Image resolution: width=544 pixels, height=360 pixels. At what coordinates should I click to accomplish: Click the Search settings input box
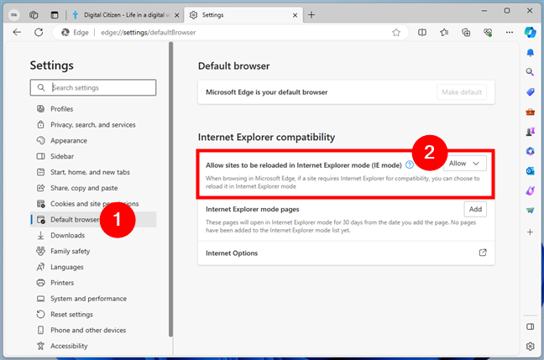pyautogui.click(x=101, y=87)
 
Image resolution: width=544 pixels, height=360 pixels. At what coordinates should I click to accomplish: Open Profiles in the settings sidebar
pyautogui.click(x=61, y=109)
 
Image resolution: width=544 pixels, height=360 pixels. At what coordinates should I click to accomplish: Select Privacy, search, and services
pyautogui.click(x=92, y=125)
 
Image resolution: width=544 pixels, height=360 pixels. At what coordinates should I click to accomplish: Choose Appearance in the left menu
pyautogui.click(x=68, y=141)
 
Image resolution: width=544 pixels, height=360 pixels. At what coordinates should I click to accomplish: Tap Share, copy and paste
pyautogui.click(x=84, y=188)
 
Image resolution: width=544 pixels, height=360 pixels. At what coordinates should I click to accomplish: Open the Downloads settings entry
pyautogui.click(x=67, y=236)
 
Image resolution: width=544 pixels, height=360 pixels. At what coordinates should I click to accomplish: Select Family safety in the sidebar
pyautogui.click(x=70, y=251)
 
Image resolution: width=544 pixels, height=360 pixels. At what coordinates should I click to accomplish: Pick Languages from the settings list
pyautogui.click(x=66, y=267)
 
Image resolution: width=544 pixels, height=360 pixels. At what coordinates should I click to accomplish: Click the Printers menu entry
pyautogui.click(x=63, y=283)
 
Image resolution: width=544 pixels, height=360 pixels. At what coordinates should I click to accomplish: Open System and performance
pyautogui.click(x=88, y=299)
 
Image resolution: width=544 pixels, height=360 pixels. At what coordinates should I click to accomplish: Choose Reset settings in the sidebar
pyautogui.click(x=71, y=315)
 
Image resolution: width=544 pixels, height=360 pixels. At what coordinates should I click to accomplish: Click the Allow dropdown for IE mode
pyautogui.click(x=464, y=164)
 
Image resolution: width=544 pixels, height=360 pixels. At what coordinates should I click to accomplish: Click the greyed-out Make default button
pyautogui.click(x=461, y=92)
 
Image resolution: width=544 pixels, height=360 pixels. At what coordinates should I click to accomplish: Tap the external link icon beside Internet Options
pyautogui.click(x=482, y=253)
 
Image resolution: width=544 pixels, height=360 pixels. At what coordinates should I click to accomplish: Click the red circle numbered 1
pyautogui.click(x=119, y=222)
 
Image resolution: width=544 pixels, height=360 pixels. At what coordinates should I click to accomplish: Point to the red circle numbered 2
pyautogui.click(x=428, y=154)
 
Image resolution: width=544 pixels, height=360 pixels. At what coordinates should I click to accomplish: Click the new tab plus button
pyautogui.click(x=311, y=15)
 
